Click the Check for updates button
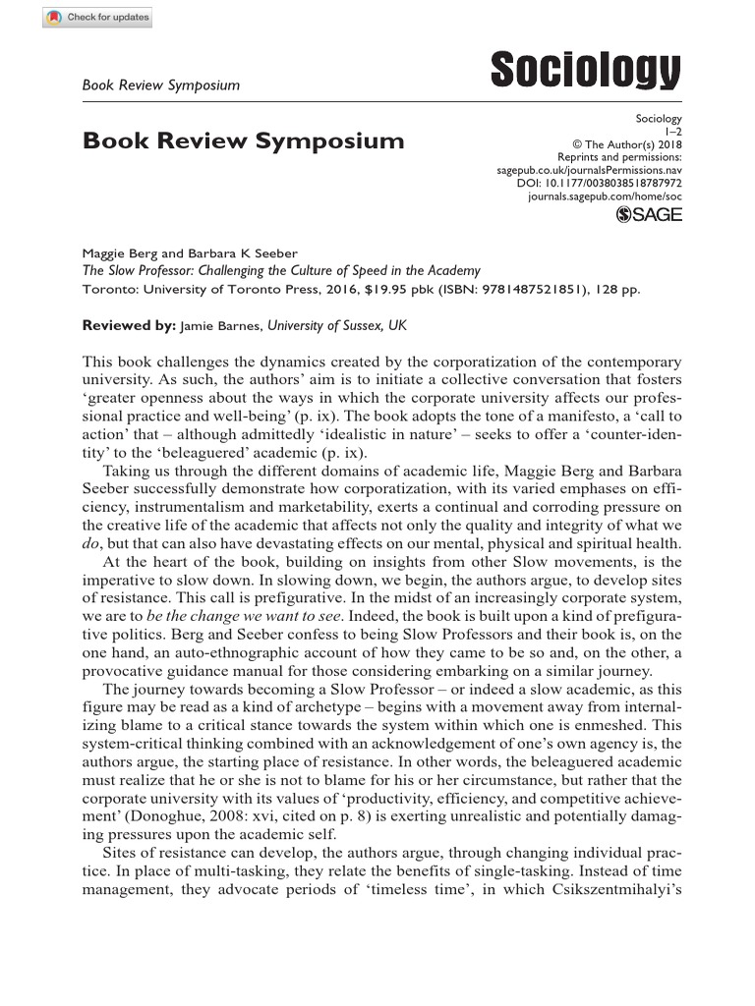point(97,19)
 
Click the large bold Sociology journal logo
point(585,72)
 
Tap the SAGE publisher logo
point(648,216)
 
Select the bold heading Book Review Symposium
point(243,140)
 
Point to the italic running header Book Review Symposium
point(161,85)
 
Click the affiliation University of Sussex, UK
point(337,324)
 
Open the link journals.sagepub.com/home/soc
point(605,196)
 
